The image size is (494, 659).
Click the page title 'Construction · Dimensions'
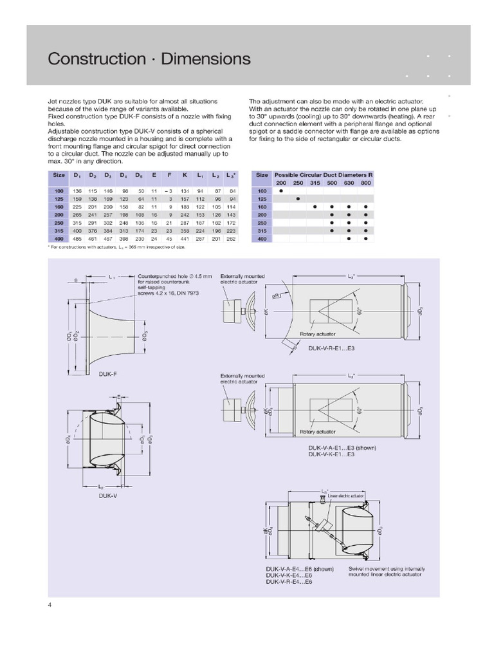coord(149,59)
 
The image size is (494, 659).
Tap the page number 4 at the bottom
coord(50,604)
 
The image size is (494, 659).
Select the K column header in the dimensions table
coord(185,175)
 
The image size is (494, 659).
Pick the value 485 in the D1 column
coord(77,238)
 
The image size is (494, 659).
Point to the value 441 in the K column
coord(185,238)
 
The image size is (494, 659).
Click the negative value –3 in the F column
coord(169,191)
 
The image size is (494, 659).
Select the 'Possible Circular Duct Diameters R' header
coord(324,175)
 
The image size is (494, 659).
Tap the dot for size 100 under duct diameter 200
coord(281,191)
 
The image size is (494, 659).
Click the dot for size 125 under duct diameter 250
coord(298,199)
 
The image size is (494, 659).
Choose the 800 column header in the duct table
coord(365,183)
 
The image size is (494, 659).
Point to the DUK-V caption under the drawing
coord(108,496)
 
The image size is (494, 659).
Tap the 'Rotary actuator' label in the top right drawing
coord(317,334)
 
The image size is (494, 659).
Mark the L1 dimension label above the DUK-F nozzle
coord(112,277)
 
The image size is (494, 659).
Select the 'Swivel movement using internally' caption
coord(387,569)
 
